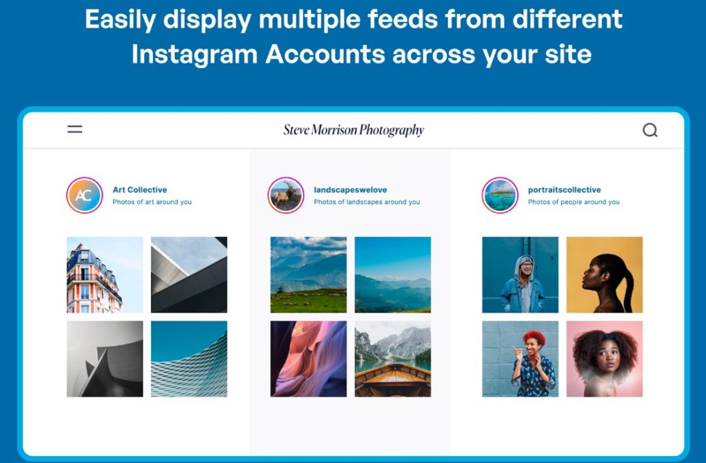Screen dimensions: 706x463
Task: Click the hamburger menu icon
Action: pos(74,130)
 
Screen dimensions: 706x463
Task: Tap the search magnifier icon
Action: pos(649,130)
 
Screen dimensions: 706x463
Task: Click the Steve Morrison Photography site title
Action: pos(354,130)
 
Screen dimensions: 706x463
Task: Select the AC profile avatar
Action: pos(84,195)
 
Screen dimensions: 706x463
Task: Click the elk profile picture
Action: pos(285,195)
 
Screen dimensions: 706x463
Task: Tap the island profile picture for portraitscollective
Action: pos(500,195)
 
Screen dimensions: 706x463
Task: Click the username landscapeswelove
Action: pos(350,190)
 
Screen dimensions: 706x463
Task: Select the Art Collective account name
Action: pos(139,190)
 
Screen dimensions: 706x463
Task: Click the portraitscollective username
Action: pos(564,190)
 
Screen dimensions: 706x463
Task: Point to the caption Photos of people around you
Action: pos(574,202)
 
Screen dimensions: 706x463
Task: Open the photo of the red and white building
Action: pos(105,275)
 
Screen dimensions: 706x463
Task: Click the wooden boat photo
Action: pos(392,359)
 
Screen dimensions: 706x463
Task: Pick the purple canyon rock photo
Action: pos(308,359)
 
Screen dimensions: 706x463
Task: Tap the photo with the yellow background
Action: pos(604,275)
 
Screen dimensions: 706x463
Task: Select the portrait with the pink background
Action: pos(604,359)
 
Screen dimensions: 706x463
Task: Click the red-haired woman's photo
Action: pos(520,359)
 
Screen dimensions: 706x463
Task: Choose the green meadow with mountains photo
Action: pos(308,275)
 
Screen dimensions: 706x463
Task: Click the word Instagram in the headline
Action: pos(194,54)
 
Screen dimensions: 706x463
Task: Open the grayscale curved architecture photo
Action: pos(105,359)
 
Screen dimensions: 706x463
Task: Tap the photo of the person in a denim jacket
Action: pos(520,275)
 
